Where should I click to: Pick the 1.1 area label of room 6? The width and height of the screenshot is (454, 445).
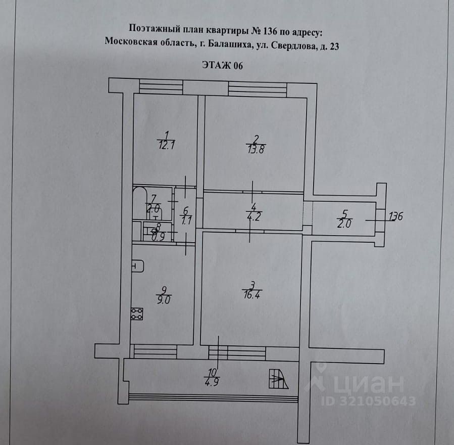click(x=185, y=220)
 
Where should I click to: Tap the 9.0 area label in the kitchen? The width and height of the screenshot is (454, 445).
click(x=164, y=299)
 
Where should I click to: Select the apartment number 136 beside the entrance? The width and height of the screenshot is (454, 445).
click(x=396, y=217)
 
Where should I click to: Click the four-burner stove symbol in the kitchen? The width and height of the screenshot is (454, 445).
click(x=136, y=314)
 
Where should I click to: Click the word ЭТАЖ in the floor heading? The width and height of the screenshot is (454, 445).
click(x=217, y=65)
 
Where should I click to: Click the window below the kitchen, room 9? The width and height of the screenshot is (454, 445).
click(x=156, y=351)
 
